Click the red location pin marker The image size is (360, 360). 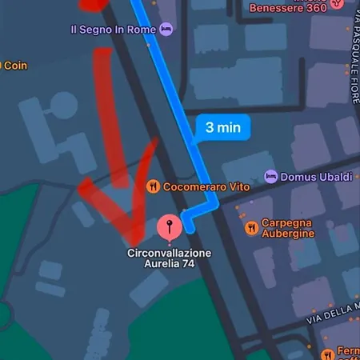[x=169, y=228]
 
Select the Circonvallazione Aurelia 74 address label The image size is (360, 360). [x=170, y=258]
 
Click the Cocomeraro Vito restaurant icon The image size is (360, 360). [x=153, y=187]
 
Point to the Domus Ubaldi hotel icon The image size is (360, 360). [x=271, y=176]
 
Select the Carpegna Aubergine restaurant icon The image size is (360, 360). [x=252, y=228]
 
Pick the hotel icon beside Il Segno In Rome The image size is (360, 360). [x=166, y=30]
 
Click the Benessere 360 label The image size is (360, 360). [x=288, y=8]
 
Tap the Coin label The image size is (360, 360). [x=15, y=66]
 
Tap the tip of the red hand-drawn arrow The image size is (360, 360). [x=133, y=240]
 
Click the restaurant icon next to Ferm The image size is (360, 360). [x=326, y=354]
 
